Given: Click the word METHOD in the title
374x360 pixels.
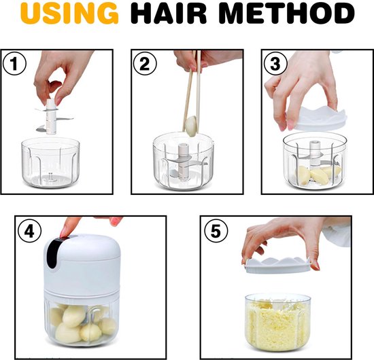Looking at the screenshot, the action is click(286, 14).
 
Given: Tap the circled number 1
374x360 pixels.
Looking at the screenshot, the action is click(14, 64).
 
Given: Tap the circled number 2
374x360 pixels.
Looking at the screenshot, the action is click(145, 64).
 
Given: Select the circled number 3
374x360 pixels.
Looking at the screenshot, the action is click(275, 64).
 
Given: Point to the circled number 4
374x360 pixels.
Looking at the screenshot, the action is click(29, 231).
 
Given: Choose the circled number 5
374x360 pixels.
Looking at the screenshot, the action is click(216, 231).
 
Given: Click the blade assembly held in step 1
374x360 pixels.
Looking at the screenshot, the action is click(51, 116).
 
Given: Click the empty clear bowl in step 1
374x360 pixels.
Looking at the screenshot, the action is click(50, 162).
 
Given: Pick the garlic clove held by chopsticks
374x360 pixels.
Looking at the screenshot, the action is click(192, 126).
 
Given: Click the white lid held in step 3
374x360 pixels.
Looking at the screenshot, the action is click(316, 118).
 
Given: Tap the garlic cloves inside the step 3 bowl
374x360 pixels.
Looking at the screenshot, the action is click(318, 175).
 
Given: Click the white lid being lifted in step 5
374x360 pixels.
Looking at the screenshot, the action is click(277, 265).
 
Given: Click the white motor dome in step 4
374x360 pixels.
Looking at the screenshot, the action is click(82, 262).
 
